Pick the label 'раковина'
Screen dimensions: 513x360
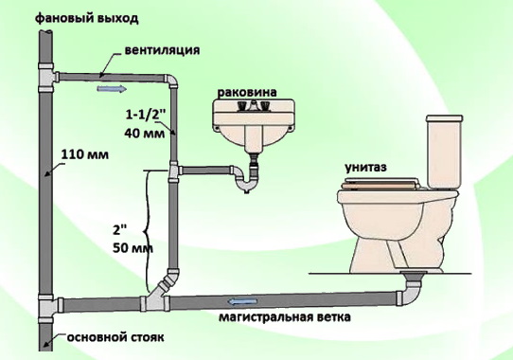(x=246, y=93)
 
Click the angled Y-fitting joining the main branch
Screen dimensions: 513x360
(x=171, y=287)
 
